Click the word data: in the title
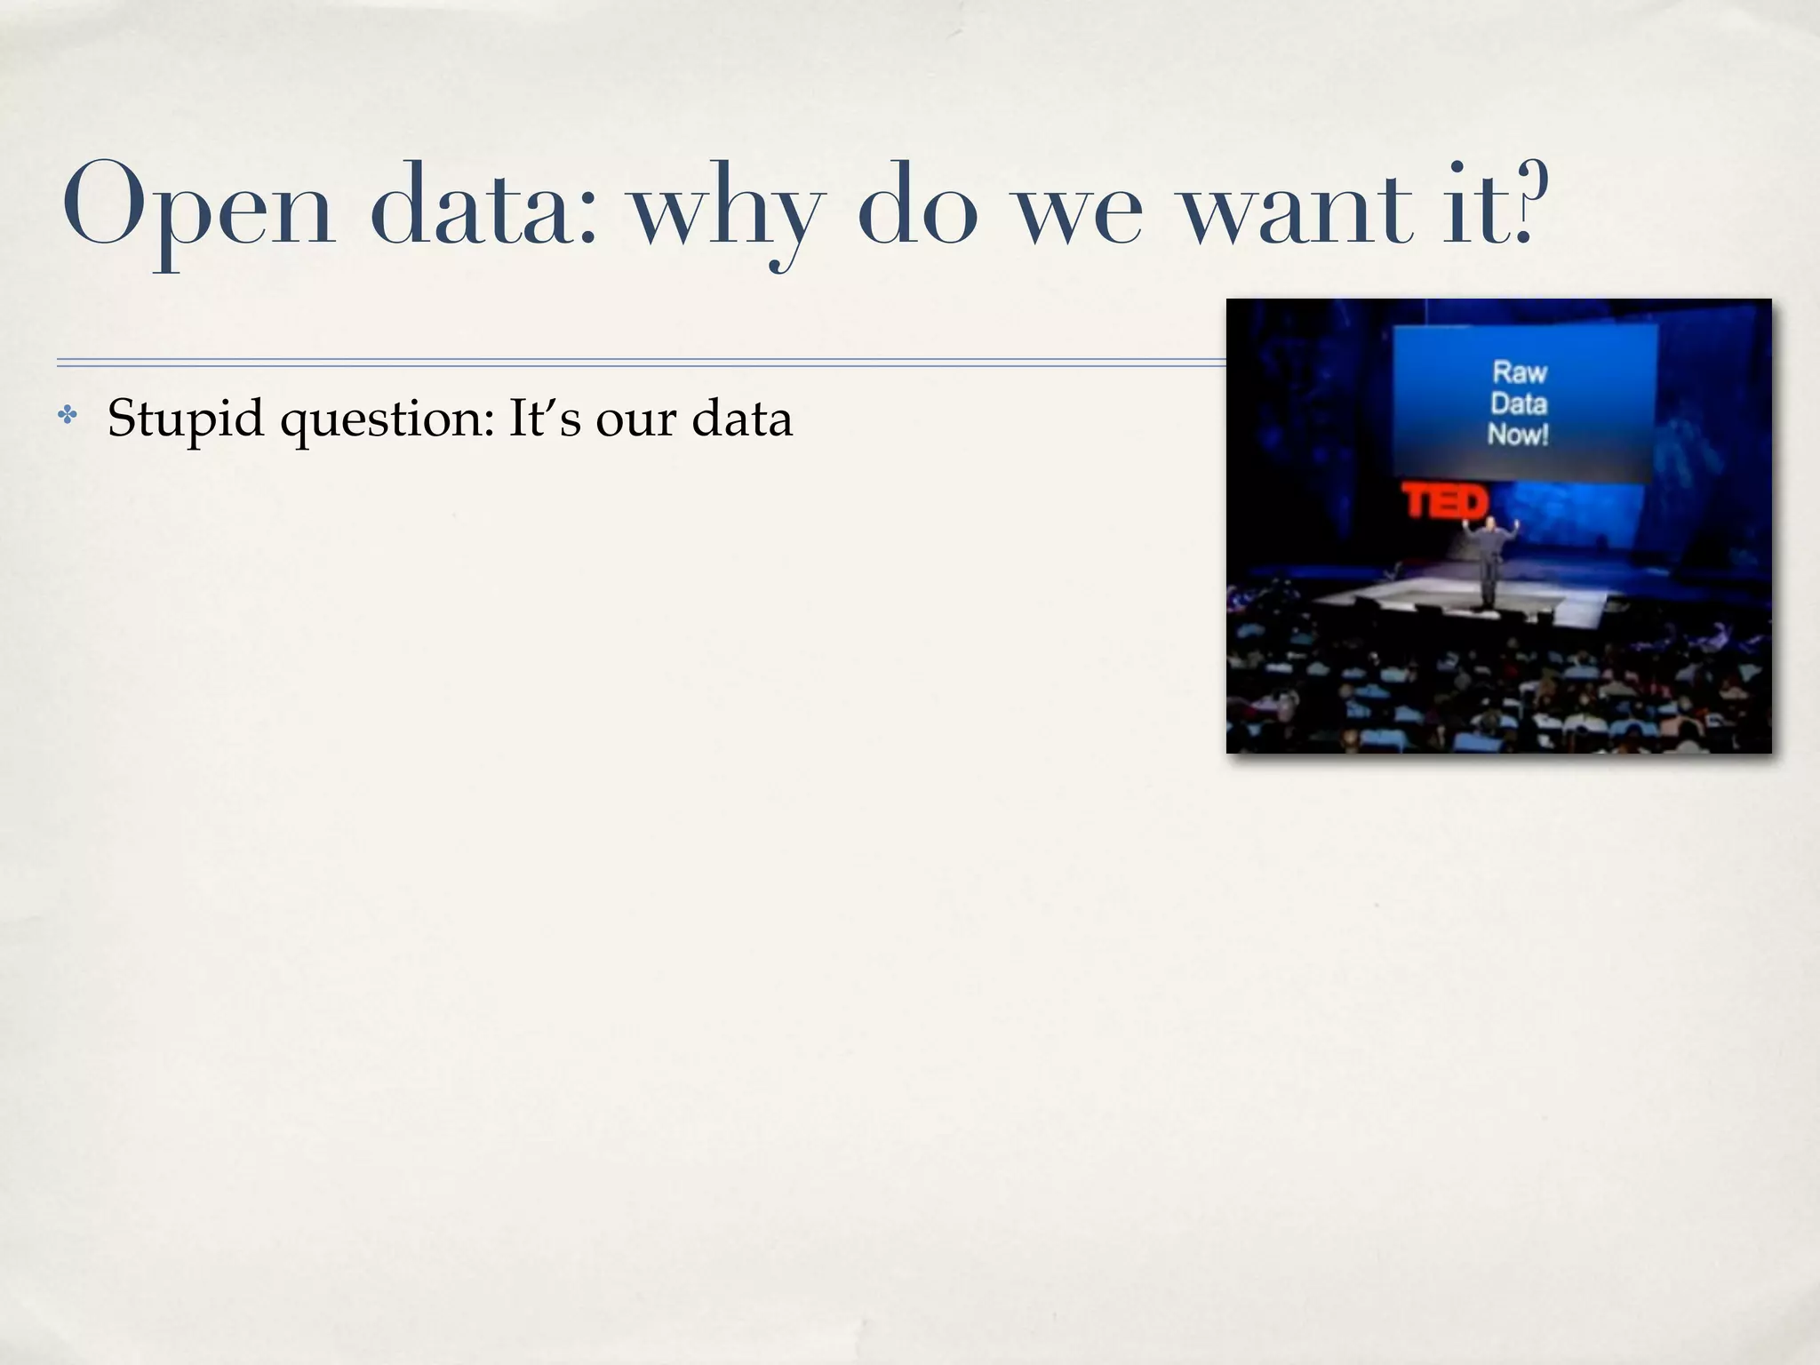click(484, 206)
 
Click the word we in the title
click(1079, 213)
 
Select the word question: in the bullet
click(387, 419)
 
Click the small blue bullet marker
click(68, 414)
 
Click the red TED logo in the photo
click(1445, 502)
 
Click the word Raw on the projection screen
click(1520, 371)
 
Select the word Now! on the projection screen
click(1518, 435)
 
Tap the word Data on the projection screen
click(1519, 403)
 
